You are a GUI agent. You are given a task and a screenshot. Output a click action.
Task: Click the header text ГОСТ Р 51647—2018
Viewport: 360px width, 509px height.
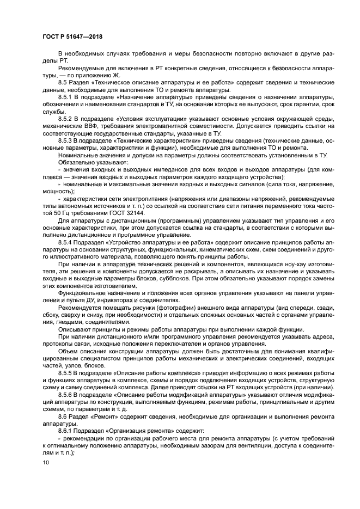pyautogui.click(x=72, y=36)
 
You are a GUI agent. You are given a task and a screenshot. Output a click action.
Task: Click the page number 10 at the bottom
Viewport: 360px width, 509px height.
pyautogui.click(x=45, y=463)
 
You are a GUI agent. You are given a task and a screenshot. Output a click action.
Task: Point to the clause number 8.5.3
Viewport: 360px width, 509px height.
pyautogui.click(x=66, y=140)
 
